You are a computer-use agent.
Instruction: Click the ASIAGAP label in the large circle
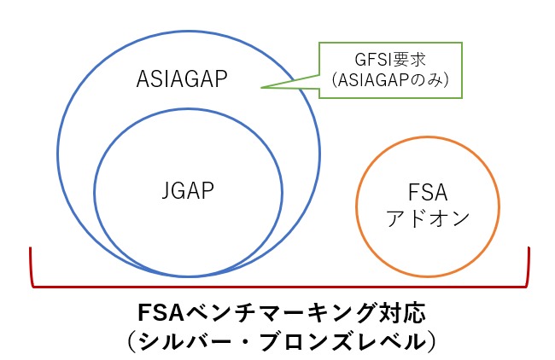click(x=182, y=78)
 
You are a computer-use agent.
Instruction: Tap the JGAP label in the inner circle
click(x=188, y=191)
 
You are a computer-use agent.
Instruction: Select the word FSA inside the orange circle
click(x=428, y=193)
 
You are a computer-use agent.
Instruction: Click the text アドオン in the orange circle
click(x=428, y=218)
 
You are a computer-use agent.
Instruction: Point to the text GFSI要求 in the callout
click(x=390, y=60)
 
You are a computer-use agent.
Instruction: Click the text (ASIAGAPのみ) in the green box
click(x=390, y=80)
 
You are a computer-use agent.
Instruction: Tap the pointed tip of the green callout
click(x=261, y=87)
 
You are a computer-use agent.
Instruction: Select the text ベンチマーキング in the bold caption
click(x=278, y=313)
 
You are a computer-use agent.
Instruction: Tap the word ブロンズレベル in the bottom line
click(x=341, y=341)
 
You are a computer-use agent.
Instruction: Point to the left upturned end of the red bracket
click(x=31, y=247)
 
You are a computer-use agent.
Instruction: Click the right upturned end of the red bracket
click(x=529, y=247)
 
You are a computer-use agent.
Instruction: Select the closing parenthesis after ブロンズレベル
click(x=430, y=341)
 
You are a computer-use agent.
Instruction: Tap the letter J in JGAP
click(x=166, y=191)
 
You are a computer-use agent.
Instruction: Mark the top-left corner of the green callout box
click(x=319, y=43)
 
